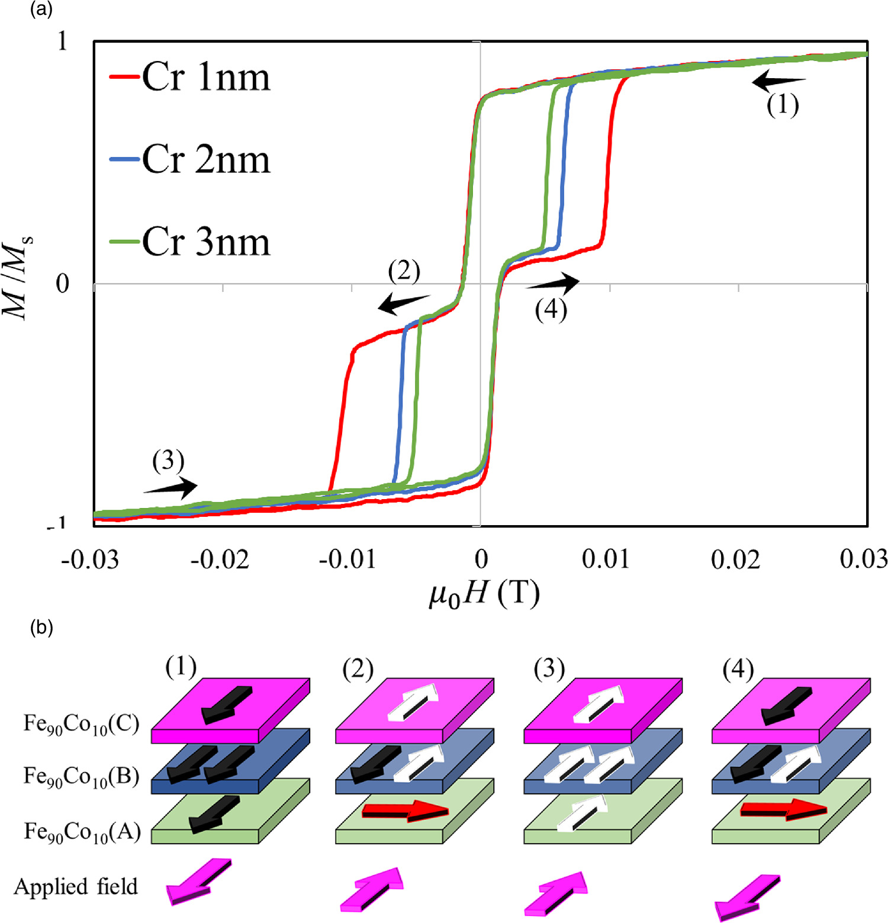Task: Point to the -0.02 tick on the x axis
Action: [220, 559]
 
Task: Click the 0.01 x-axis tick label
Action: [606, 559]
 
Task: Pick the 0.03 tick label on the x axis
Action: [863, 559]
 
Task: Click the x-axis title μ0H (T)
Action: [484, 594]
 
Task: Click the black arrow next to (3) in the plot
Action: [171, 487]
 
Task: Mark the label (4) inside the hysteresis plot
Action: [551, 310]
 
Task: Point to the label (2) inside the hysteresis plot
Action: [404, 271]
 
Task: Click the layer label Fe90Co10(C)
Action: [81, 723]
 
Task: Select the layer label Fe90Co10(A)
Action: [82, 832]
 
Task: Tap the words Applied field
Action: [76, 886]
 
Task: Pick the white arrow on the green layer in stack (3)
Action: [583, 813]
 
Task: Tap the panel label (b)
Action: [41, 628]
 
